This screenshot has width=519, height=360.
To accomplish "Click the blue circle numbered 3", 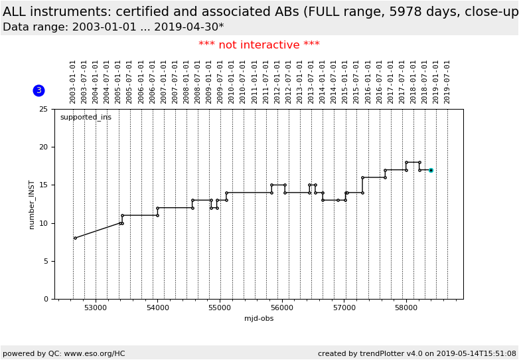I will tap(38, 90).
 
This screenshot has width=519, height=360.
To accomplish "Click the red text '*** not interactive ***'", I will tap(259, 45).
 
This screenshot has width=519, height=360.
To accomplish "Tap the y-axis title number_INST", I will tap(31, 204).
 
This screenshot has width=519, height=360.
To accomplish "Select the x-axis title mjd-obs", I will tap(259, 318).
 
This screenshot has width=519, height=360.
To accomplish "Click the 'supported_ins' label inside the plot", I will tap(86, 118).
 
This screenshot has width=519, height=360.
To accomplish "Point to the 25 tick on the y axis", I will tap(43, 109).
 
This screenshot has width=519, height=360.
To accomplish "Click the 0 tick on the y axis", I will tap(45, 299).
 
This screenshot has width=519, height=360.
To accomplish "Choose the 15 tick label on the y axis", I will tap(43, 185).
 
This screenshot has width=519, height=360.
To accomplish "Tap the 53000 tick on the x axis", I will tap(96, 308).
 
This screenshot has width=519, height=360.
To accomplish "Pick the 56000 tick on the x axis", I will tap(282, 308).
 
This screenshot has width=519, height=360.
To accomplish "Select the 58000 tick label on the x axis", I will tap(406, 308).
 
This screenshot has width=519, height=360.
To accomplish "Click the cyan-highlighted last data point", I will tap(431, 170).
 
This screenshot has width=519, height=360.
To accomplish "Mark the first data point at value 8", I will tap(75, 238).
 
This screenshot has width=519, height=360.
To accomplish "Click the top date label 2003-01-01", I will tap(73, 82).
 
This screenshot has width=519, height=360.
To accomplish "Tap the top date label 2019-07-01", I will tap(447, 82).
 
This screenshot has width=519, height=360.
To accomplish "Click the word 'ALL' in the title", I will tap(15, 11).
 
